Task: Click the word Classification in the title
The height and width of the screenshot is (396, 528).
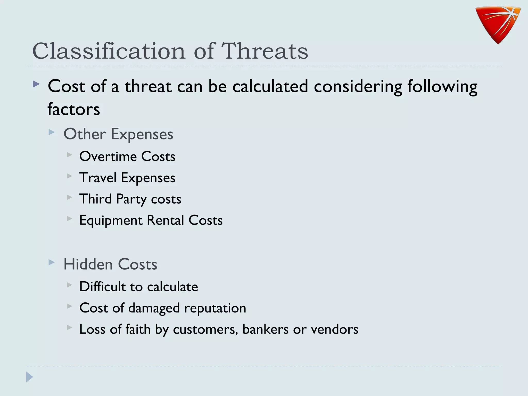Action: click(x=109, y=51)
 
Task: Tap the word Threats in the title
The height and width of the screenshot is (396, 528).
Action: click(x=265, y=51)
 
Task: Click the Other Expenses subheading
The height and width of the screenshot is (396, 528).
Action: click(x=118, y=134)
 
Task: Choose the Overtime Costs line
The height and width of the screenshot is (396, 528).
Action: click(x=127, y=156)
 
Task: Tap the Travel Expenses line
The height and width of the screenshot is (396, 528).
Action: click(x=127, y=178)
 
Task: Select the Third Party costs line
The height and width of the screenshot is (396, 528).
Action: click(x=130, y=199)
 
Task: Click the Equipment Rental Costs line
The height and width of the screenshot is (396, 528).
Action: click(x=151, y=220)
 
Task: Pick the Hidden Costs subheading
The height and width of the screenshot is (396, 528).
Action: click(x=110, y=264)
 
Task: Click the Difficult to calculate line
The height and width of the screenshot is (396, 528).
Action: click(x=139, y=287)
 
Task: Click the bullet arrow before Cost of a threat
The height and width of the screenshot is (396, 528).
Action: click(x=36, y=84)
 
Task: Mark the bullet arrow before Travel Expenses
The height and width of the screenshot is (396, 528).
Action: click(x=69, y=176)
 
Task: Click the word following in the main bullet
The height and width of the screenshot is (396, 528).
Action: click(x=442, y=86)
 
